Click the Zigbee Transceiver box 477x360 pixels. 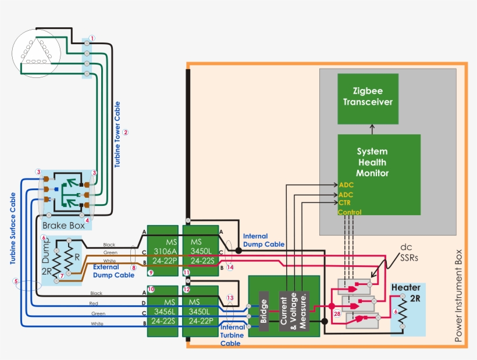point(368,98)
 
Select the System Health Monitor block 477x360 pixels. point(379,174)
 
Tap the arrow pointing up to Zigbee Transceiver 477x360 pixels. point(373,129)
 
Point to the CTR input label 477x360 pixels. point(344,203)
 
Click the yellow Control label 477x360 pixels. point(350,212)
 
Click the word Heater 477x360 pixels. point(406,288)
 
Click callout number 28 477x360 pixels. point(336,314)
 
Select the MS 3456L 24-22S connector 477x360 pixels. point(162,312)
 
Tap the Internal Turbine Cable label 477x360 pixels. point(232,336)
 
